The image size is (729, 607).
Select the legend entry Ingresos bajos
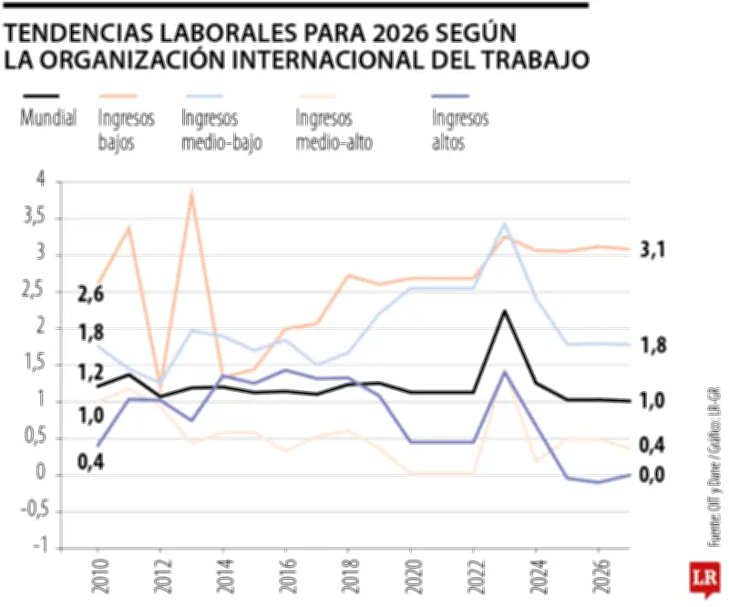pos(127,129)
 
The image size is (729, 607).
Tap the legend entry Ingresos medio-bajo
pos(221,129)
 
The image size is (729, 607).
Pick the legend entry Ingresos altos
pos(459,129)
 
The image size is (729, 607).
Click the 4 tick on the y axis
pos(39,180)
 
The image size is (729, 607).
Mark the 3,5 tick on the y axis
pos(35,218)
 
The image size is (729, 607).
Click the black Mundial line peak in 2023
pos(504,312)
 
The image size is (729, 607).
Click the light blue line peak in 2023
pos(505,224)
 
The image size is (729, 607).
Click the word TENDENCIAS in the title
pos(78,34)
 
